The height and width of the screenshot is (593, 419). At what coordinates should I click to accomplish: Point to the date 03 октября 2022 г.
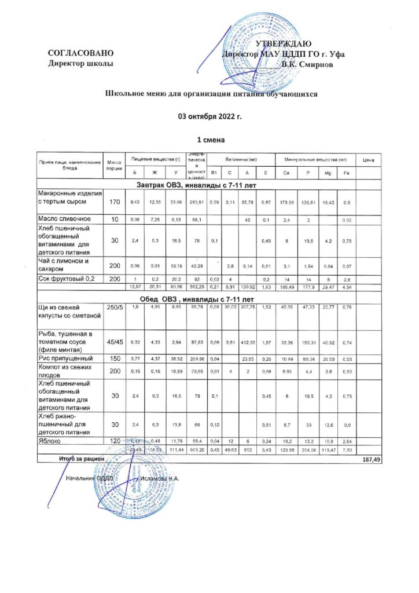tap(209, 116)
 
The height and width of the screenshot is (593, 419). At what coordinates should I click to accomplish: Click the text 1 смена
tap(209, 140)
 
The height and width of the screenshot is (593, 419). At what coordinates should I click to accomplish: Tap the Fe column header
tap(346, 173)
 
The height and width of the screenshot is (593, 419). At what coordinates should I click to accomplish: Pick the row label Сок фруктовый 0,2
tap(67, 279)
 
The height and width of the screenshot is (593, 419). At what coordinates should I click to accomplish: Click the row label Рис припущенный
tap(67, 358)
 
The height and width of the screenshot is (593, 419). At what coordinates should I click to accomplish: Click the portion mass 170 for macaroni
tap(113, 202)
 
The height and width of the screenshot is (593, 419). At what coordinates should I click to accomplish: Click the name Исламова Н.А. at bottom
tap(160, 479)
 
